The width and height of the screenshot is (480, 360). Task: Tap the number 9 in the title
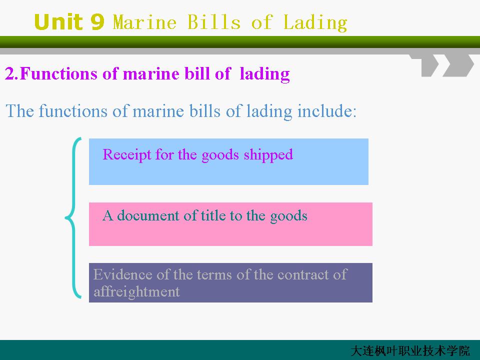(x=97, y=22)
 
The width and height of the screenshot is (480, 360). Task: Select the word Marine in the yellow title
(x=145, y=22)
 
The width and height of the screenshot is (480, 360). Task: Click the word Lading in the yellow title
(x=315, y=23)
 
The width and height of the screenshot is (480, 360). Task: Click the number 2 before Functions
(x=9, y=74)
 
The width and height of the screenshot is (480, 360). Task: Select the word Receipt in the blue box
(x=126, y=155)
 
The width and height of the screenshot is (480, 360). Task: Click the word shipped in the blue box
(x=268, y=155)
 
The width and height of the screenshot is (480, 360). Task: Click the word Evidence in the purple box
(x=122, y=274)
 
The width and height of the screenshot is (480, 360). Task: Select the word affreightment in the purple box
(x=136, y=291)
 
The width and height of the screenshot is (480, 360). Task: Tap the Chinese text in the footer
(x=410, y=351)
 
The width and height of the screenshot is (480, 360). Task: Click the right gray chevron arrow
(x=458, y=65)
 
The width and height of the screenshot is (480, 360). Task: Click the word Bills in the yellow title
(x=214, y=22)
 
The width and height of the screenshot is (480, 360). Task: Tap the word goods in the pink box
(x=288, y=216)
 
